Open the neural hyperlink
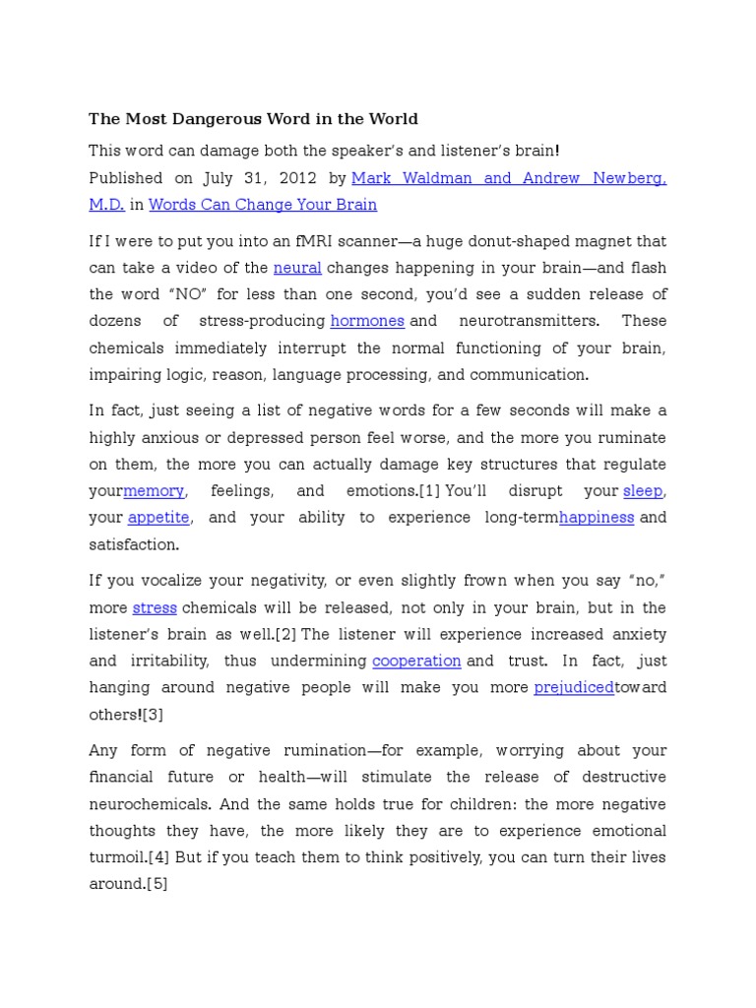pos(297,268)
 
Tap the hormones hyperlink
pos(367,321)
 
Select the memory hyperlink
pos(154,490)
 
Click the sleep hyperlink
pos(643,490)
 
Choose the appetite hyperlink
pos(157,517)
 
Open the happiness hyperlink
pos(597,517)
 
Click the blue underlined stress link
pos(155,607)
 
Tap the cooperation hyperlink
pos(416,661)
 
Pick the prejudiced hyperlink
pos(574,687)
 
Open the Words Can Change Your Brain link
pos(263,205)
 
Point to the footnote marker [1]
pos(429,490)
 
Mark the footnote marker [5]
pos(157,884)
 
